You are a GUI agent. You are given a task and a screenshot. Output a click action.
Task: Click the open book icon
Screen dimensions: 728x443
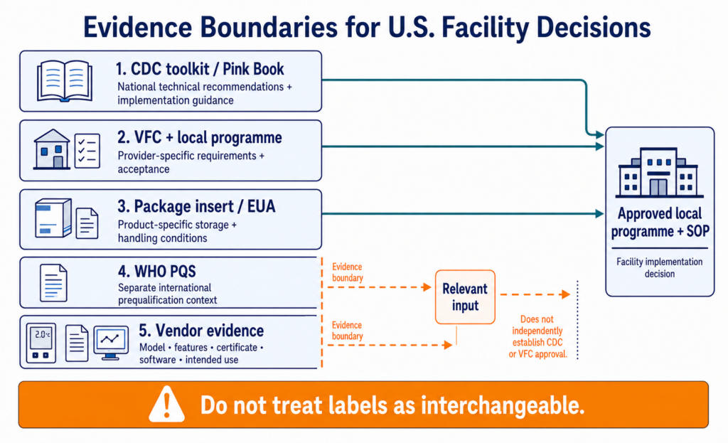pyautogui.click(x=65, y=81)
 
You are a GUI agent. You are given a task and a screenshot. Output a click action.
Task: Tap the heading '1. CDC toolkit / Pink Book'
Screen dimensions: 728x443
pyautogui.click(x=200, y=69)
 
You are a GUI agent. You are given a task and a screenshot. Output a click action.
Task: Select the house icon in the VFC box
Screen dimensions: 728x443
pyautogui.click(x=51, y=149)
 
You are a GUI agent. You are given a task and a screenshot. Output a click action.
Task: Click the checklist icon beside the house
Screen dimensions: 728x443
pyautogui.click(x=87, y=151)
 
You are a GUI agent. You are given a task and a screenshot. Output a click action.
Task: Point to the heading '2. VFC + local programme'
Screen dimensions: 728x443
pyautogui.click(x=200, y=137)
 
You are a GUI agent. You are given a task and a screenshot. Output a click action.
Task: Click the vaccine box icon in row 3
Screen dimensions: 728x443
pyautogui.click(x=53, y=218)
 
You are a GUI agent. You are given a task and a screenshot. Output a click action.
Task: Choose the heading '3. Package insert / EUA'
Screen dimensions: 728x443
pyautogui.click(x=196, y=206)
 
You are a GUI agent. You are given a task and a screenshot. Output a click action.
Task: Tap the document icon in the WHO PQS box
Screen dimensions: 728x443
pyautogui.click(x=53, y=283)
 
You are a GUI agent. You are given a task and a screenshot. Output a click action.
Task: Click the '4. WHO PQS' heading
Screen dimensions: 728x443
pyautogui.click(x=157, y=271)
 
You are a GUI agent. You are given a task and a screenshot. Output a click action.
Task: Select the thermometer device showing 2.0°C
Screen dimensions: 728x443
pyautogui.click(x=41, y=343)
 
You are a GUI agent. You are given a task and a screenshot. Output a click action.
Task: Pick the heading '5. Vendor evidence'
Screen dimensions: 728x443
pyautogui.click(x=201, y=331)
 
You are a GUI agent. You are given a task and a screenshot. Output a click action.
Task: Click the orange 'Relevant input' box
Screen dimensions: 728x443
pyautogui.click(x=465, y=297)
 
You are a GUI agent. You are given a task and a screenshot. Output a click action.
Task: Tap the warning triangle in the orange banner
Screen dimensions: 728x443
pyautogui.click(x=166, y=405)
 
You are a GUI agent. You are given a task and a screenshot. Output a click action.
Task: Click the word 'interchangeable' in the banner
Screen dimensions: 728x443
pyautogui.click(x=503, y=405)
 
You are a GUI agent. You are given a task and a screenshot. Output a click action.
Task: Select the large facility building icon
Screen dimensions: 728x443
pyautogui.click(x=659, y=173)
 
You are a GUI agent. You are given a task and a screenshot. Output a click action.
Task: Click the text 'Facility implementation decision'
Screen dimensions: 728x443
pyautogui.click(x=659, y=267)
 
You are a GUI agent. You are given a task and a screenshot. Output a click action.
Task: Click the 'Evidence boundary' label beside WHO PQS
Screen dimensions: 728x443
pyautogui.click(x=347, y=272)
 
